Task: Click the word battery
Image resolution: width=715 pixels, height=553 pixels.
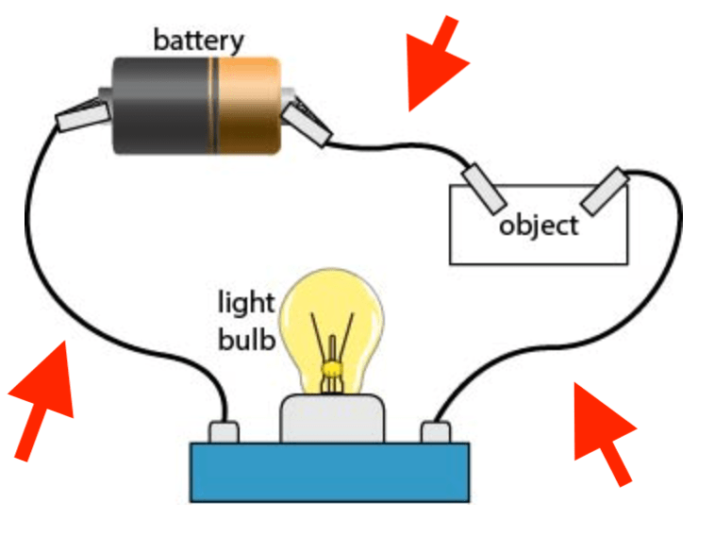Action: pos(198,42)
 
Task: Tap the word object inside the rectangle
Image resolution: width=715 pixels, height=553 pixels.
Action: pos(539,226)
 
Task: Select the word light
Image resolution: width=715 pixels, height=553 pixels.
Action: pos(246,303)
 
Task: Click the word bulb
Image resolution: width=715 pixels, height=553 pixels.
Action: pos(247,339)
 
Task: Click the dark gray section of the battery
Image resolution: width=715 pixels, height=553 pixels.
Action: pos(162,106)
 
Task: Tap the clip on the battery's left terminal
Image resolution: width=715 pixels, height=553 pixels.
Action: pos(83,115)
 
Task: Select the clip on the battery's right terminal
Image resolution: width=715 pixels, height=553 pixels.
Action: pos(307,124)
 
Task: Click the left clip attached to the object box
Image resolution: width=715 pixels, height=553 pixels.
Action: pos(484,189)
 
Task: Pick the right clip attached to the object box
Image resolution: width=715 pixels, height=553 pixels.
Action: pos(605,192)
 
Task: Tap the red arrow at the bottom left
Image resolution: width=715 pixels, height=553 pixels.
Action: pos(43,399)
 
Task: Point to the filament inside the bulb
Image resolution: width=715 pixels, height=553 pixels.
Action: pos(332,351)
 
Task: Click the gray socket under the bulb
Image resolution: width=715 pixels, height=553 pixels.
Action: pos(332,418)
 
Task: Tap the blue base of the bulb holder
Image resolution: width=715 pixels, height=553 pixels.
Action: pos(330,472)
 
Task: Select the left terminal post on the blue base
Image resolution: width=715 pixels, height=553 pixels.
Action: pos(224,432)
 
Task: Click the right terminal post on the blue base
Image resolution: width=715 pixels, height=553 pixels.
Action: pos(436,432)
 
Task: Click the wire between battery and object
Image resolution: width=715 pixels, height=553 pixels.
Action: pos(398,145)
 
